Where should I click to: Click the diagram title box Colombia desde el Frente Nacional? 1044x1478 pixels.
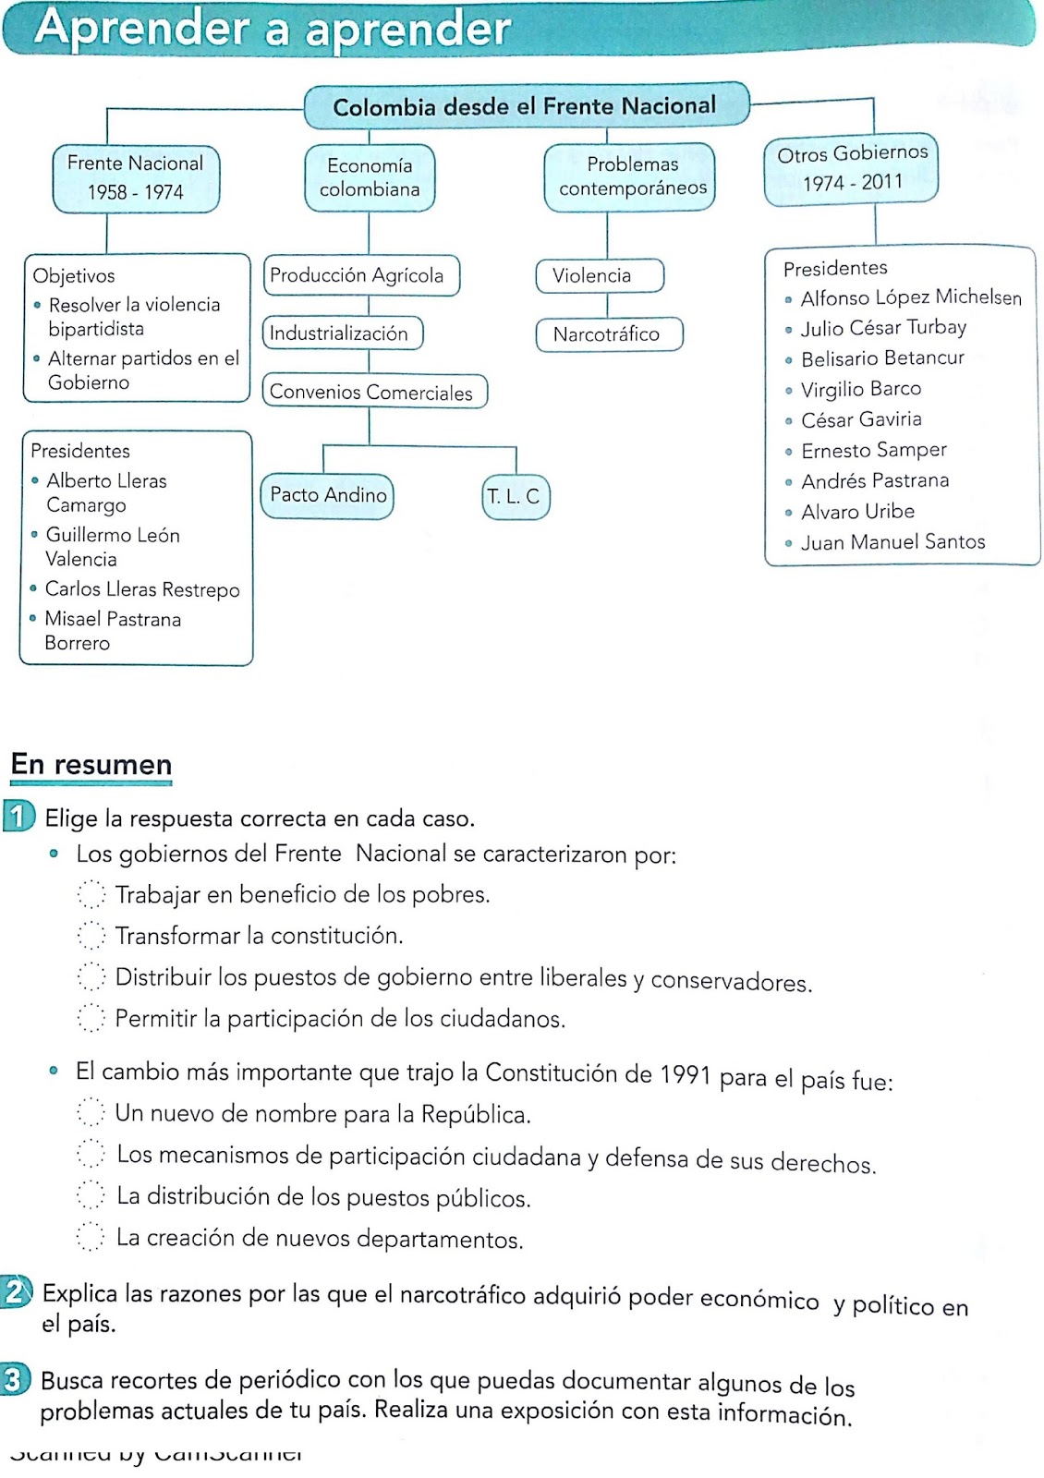point(525,106)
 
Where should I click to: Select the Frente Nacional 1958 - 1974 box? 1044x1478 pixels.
point(136,177)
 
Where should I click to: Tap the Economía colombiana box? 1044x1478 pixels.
point(370,177)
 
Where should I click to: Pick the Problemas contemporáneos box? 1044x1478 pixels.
point(632,176)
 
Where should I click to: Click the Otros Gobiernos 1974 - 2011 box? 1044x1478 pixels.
point(851,168)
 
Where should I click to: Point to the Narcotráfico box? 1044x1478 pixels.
point(607,334)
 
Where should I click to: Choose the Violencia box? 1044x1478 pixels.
point(599,275)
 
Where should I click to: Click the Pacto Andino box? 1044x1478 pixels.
point(328,495)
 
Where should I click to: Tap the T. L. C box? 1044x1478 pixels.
point(515,496)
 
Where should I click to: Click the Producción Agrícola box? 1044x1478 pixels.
point(360,275)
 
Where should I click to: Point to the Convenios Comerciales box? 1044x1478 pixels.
point(373,392)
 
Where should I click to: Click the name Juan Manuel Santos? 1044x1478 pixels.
point(892,542)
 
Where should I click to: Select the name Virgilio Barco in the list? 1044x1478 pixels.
point(860,389)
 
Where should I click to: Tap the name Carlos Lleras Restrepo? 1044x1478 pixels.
point(142,589)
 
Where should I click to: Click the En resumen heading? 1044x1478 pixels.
point(91,765)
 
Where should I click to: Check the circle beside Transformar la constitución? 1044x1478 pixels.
point(91,935)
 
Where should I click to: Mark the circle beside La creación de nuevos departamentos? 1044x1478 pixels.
point(91,1237)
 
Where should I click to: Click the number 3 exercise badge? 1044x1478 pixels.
point(14,1379)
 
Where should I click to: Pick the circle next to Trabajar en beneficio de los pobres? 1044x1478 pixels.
point(91,893)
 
